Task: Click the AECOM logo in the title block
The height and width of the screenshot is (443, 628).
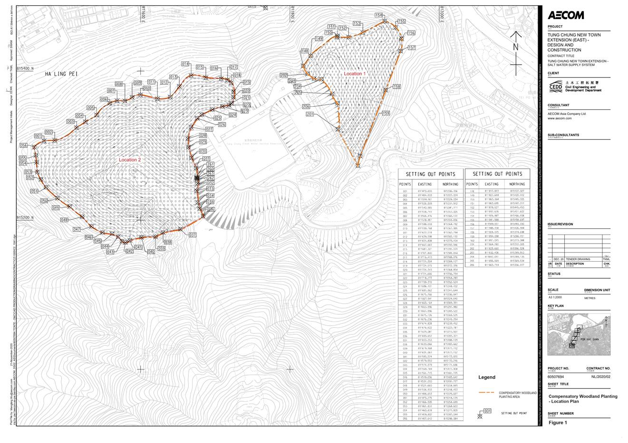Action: pos(566,15)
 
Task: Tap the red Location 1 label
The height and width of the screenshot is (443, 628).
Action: pos(355,74)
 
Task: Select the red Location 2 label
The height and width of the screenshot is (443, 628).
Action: pos(130,160)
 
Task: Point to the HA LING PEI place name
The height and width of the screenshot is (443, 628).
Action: pos(61,74)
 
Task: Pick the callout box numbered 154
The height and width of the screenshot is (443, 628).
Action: pos(379,16)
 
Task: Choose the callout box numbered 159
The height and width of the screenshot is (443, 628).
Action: pos(386,113)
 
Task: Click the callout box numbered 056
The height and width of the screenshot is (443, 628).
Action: pos(23,145)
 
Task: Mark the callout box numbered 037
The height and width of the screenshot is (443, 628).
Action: pos(193,235)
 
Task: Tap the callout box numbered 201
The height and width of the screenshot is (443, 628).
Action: pos(310,114)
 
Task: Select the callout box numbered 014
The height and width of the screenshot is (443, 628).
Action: pos(185,64)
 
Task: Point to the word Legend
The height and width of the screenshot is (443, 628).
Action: pos(487,377)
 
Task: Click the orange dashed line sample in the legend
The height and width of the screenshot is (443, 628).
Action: pos(487,393)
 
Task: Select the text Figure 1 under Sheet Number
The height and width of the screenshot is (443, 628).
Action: pos(558,423)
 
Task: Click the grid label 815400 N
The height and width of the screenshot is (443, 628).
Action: pos(25,69)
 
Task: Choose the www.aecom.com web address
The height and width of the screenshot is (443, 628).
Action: pos(560,118)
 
